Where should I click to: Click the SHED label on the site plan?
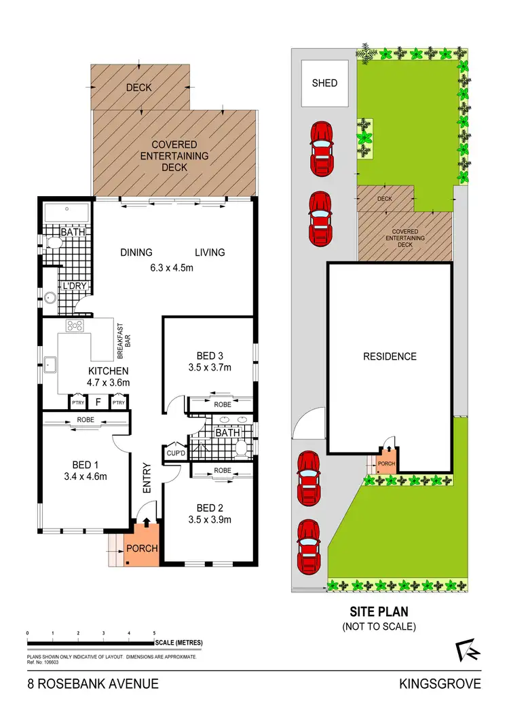click(324, 83)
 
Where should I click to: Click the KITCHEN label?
click(108, 371)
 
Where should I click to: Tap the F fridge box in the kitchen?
click(98, 402)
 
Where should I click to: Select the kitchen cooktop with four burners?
click(74, 326)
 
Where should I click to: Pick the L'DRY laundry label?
click(75, 286)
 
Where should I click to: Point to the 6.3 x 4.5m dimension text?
click(172, 267)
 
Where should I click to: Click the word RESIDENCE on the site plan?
click(390, 356)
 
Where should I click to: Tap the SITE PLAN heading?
click(379, 611)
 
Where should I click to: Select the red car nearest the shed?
click(321, 145)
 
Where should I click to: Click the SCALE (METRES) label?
click(178, 643)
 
